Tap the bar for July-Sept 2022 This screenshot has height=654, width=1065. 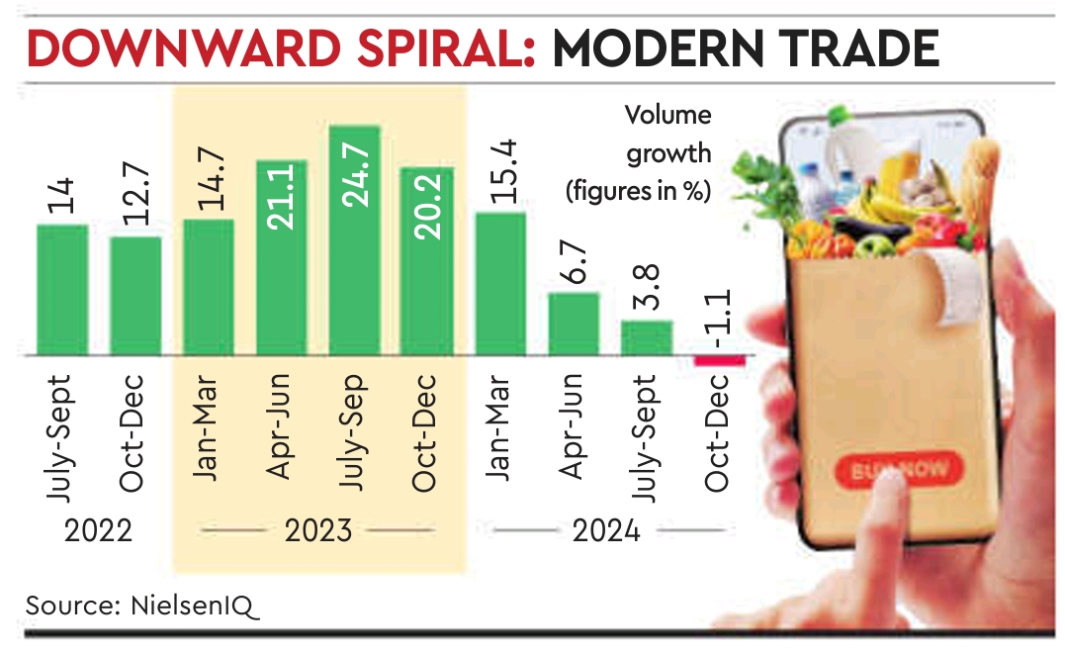(x=62, y=290)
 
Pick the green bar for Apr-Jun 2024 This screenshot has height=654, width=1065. (x=574, y=324)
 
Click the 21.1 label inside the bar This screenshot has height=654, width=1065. (x=282, y=197)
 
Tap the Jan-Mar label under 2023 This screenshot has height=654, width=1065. (x=209, y=426)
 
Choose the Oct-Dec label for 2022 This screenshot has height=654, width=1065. (x=135, y=431)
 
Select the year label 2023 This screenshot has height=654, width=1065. (x=317, y=531)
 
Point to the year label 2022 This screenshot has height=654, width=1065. (x=99, y=531)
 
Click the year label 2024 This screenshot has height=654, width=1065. (x=605, y=531)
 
